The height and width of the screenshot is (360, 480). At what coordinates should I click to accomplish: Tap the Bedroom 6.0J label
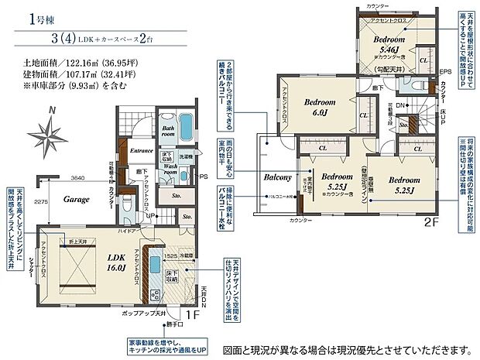click(319, 107)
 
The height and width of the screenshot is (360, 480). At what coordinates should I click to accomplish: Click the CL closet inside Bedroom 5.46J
click(423, 59)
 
